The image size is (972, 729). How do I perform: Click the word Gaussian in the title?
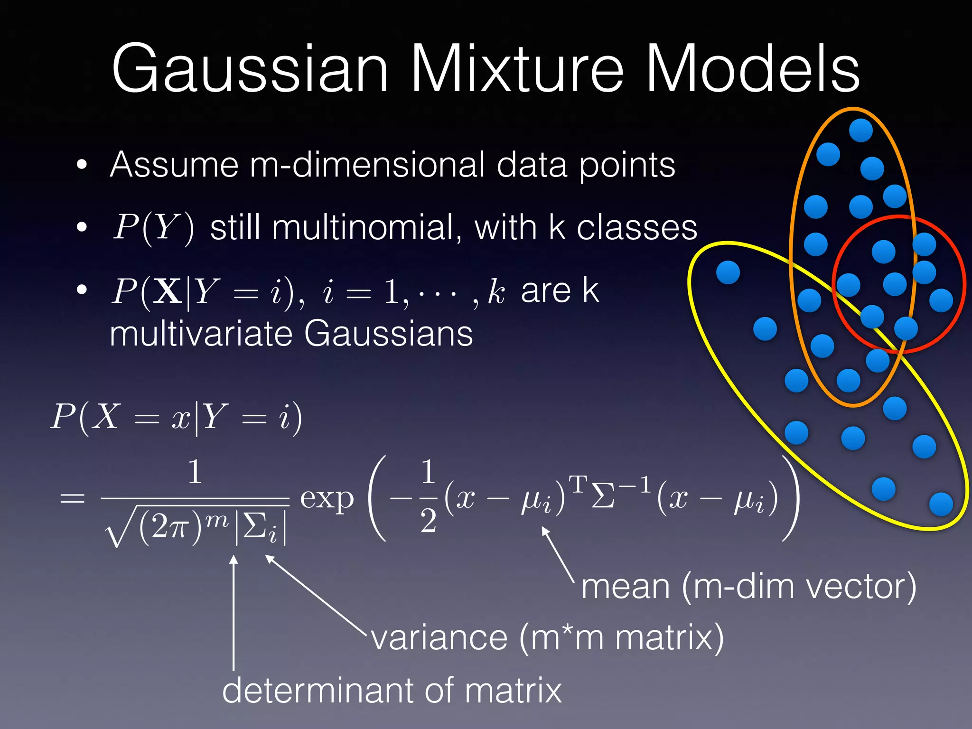pyautogui.click(x=250, y=69)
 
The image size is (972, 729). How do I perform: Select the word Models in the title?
pyautogui.click(x=753, y=69)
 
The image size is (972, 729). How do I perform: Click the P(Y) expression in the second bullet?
pyautogui.click(x=153, y=228)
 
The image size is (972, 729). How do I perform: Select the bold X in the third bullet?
pyautogui.click(x=168, y=291)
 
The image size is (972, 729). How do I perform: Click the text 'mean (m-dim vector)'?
pyautogui.click(x=748, y=587)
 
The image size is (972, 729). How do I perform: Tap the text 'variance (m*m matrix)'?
pyautogui.click(x=547, y=637)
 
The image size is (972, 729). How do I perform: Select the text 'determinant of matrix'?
pyautogui.click(x=392, y=691)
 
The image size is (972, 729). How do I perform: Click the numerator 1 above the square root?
pyautogui.click(x=195, y=473)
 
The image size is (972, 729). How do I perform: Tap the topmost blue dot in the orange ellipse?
pyautogui.click(x=860, y=130)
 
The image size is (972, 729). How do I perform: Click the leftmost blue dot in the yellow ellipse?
pyautogui.click(x=728, y=272)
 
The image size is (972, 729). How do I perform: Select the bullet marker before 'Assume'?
pyautogui.click(x=82, y=165)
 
